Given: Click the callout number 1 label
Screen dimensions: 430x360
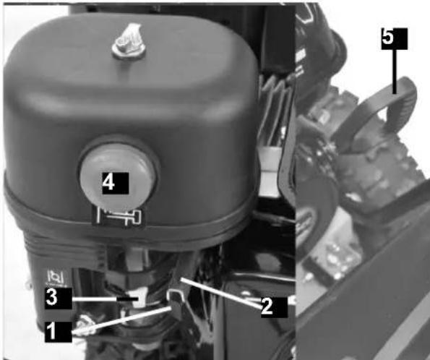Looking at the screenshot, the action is [59, 332].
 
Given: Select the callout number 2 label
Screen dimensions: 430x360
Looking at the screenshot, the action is [274, 307].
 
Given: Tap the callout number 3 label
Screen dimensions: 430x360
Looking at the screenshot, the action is [59, 299].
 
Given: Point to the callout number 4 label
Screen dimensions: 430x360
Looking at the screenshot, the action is [116, 184].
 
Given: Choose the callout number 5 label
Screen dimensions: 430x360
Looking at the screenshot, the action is [395, 39].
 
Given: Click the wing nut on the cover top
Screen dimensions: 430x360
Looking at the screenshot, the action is [129, 41].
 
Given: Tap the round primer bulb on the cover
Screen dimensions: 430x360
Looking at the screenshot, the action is [118, 176].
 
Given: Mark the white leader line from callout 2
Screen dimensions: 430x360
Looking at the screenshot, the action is [220, 293].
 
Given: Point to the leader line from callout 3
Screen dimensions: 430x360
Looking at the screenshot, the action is [105, 299].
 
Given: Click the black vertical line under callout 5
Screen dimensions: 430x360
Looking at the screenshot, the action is [395, 72].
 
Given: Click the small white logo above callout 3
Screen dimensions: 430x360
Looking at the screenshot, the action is [56, 278].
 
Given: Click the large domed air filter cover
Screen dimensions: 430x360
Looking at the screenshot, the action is [131, 124].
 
